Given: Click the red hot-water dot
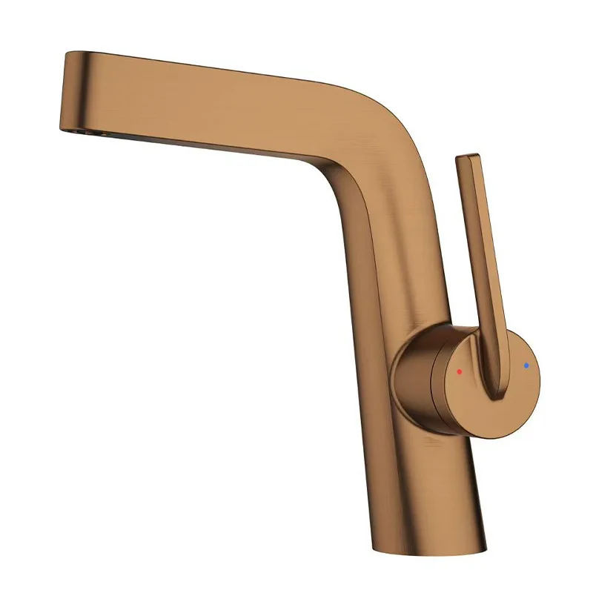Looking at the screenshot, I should coord(460,371).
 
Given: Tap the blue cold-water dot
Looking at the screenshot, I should coord(526,365).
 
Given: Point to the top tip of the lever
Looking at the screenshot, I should coord(468,158).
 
